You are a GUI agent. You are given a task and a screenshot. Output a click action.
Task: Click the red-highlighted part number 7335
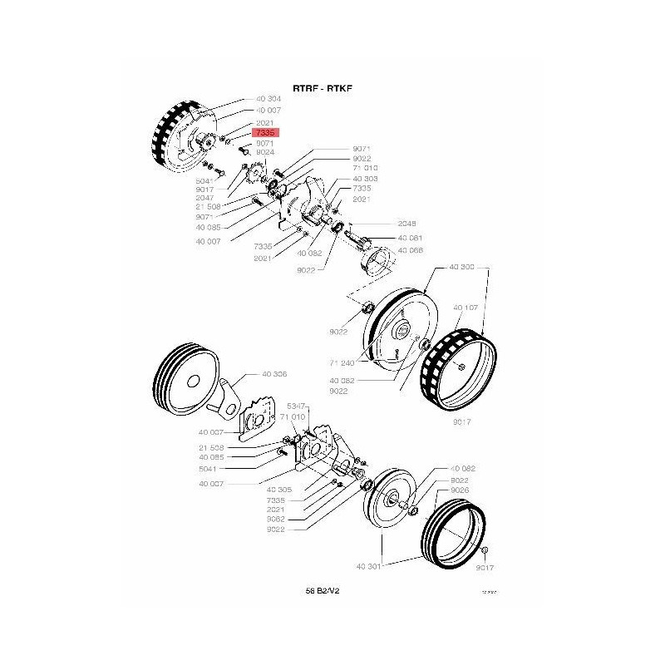click(x=267, y=132)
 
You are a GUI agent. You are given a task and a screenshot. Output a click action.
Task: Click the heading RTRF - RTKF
click(x=323, y=87)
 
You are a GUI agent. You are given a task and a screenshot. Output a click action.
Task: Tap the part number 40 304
click(x=268, y=99)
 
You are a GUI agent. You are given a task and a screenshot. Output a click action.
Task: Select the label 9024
click(x=265, y=153)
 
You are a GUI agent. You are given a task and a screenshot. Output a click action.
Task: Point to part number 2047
click(x=205, y=198)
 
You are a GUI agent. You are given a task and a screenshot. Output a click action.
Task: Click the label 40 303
click(x=365, y=179)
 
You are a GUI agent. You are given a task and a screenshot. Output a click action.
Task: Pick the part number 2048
click(x=407, y=224)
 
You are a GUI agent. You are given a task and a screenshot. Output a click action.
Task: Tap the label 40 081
click(x=410, y=238)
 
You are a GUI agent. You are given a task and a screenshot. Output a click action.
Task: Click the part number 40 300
click(x=462, y=268)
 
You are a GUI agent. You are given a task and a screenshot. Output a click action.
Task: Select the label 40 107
click(x=465, y=307)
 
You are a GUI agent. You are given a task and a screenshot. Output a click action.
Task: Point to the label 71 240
click(x=342, y=363)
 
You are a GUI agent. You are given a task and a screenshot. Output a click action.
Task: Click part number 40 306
click(x=273, y=375)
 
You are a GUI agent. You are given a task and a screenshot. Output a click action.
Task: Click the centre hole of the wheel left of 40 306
click(x=192, y=382)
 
